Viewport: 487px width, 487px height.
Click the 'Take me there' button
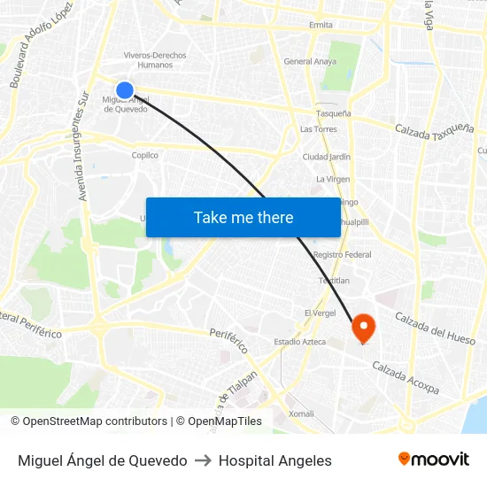tap(243, 218)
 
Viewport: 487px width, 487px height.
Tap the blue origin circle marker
tap(125, 89)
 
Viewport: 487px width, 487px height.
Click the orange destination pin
tap(363, 329)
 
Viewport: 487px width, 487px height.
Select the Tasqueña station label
tap(334, 113)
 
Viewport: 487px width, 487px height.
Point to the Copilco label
tap(144, 155)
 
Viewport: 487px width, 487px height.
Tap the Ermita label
tap(321, 25)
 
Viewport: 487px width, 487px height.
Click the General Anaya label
tap(310, 61)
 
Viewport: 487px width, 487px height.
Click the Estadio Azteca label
tap(299, 342)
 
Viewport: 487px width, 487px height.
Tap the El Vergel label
tap(320, 313)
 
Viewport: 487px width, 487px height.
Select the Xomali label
tap(301, 414)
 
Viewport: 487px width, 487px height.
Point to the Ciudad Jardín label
tap(327, 157)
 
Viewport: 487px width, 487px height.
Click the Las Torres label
tap(318, 129)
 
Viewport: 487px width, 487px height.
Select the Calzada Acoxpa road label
tap(406, 378)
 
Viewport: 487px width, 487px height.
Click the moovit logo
tap(433, 460)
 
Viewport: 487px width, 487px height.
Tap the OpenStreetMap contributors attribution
tap(89, 421)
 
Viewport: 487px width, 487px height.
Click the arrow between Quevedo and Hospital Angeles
tap(203, 460)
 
